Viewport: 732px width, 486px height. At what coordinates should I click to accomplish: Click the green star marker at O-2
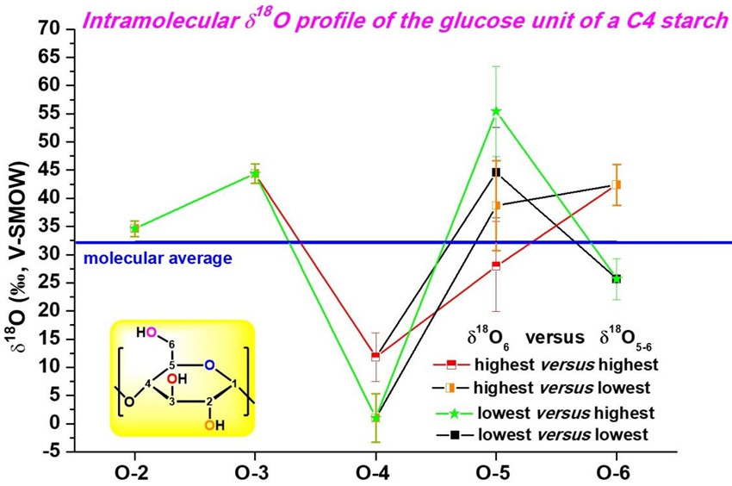[x=134, y=228]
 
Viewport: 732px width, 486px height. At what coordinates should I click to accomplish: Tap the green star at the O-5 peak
[x=496, y=111]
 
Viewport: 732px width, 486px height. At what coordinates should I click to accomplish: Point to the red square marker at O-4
[x=375, y=356]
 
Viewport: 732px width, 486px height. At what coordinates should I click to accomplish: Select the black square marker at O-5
[x=496, y=172]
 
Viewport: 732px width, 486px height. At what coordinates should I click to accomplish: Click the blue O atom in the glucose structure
[x=209, y=364]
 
